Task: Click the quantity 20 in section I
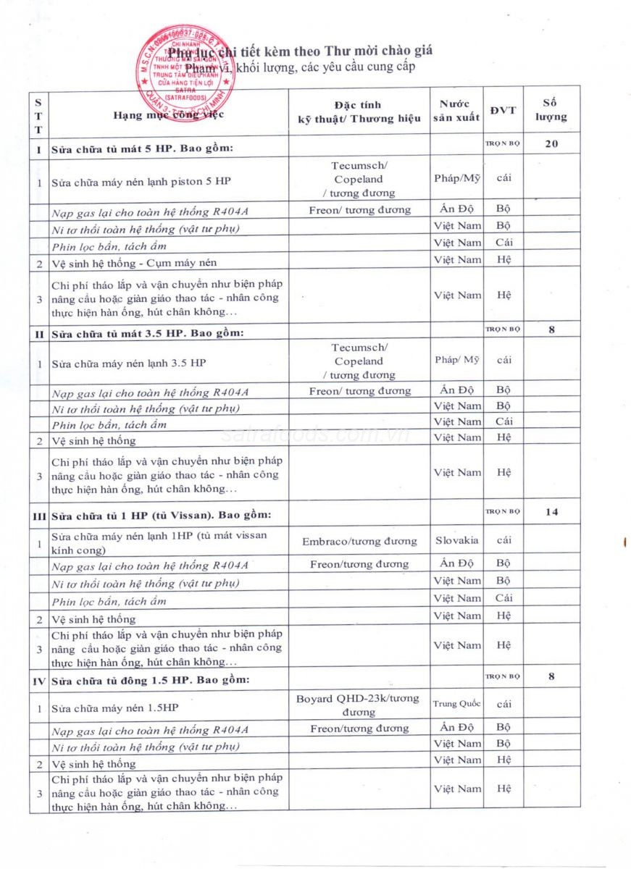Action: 551,143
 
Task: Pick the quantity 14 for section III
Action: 551,512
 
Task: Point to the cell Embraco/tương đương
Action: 359,541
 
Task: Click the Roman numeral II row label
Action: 38,333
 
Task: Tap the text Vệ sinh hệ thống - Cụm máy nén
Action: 134,262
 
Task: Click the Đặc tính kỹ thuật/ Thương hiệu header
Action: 359,112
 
